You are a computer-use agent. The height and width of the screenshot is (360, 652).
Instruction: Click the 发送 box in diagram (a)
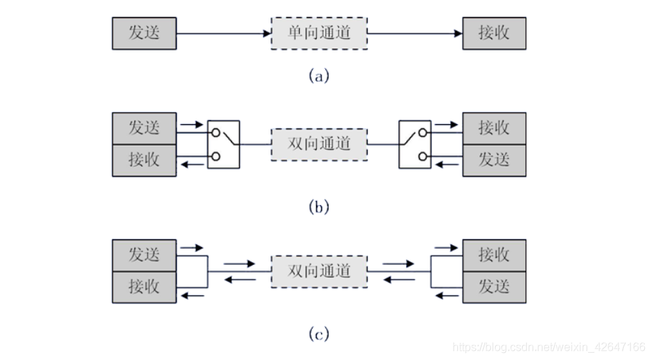point(144,33)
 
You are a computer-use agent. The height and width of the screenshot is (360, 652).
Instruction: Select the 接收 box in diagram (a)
point(494,33)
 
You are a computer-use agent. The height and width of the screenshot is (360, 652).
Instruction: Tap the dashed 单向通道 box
point(319,33)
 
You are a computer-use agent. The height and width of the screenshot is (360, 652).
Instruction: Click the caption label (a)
point(319,76)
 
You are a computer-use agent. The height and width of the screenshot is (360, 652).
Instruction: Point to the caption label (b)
point(319,207)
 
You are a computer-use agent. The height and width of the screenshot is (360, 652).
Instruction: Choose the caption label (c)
point(319,333)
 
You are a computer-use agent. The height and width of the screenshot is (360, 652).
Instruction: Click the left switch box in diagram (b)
point(224,144)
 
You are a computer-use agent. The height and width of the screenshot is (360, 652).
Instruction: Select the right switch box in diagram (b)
point(415,144)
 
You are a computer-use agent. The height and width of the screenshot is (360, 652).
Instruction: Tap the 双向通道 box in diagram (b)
point(319,144)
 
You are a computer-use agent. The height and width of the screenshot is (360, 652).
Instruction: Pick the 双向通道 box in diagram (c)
point(319,271)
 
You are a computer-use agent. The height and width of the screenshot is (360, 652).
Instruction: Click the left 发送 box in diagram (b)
point(144,128)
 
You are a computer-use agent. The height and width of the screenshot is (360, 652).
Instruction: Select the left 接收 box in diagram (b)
point(144,160)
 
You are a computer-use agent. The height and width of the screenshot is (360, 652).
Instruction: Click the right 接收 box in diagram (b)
point(494,128)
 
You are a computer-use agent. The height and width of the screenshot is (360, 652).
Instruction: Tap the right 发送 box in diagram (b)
point(494,160)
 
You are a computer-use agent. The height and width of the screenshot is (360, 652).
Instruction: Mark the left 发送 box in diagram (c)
point(144,255)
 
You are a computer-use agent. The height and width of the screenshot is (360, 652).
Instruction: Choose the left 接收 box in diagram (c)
point(144,287)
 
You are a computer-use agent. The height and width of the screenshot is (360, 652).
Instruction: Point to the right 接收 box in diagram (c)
point(494,255)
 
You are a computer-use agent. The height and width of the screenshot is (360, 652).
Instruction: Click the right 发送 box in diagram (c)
point(494,287)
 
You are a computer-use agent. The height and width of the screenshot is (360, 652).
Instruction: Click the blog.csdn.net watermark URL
point(548,347)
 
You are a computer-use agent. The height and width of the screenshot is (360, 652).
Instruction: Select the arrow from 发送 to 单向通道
point(223,33)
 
